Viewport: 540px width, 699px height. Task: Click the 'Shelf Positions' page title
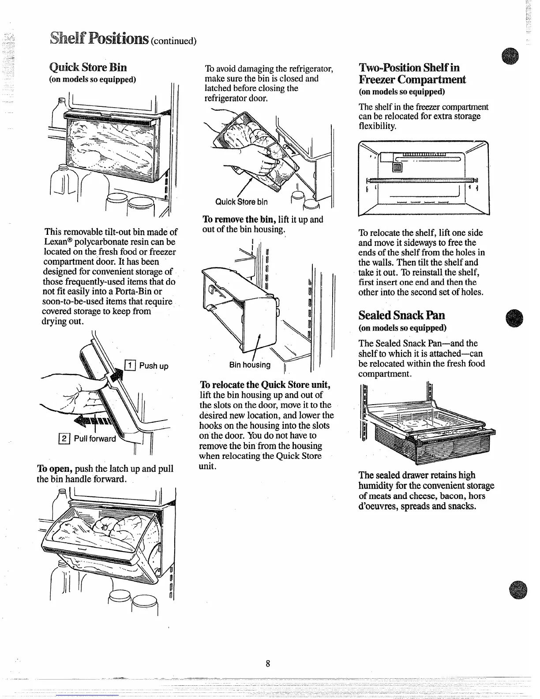point(101,39)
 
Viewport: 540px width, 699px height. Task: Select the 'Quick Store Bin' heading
point(88,68)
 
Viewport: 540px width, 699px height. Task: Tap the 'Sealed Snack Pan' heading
point(401,316)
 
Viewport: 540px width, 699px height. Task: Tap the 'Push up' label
point(154,366)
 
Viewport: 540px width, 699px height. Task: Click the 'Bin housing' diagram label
point(250,365)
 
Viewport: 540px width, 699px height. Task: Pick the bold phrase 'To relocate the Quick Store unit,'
point(265,384)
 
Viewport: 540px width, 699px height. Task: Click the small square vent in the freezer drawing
point(397,166)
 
